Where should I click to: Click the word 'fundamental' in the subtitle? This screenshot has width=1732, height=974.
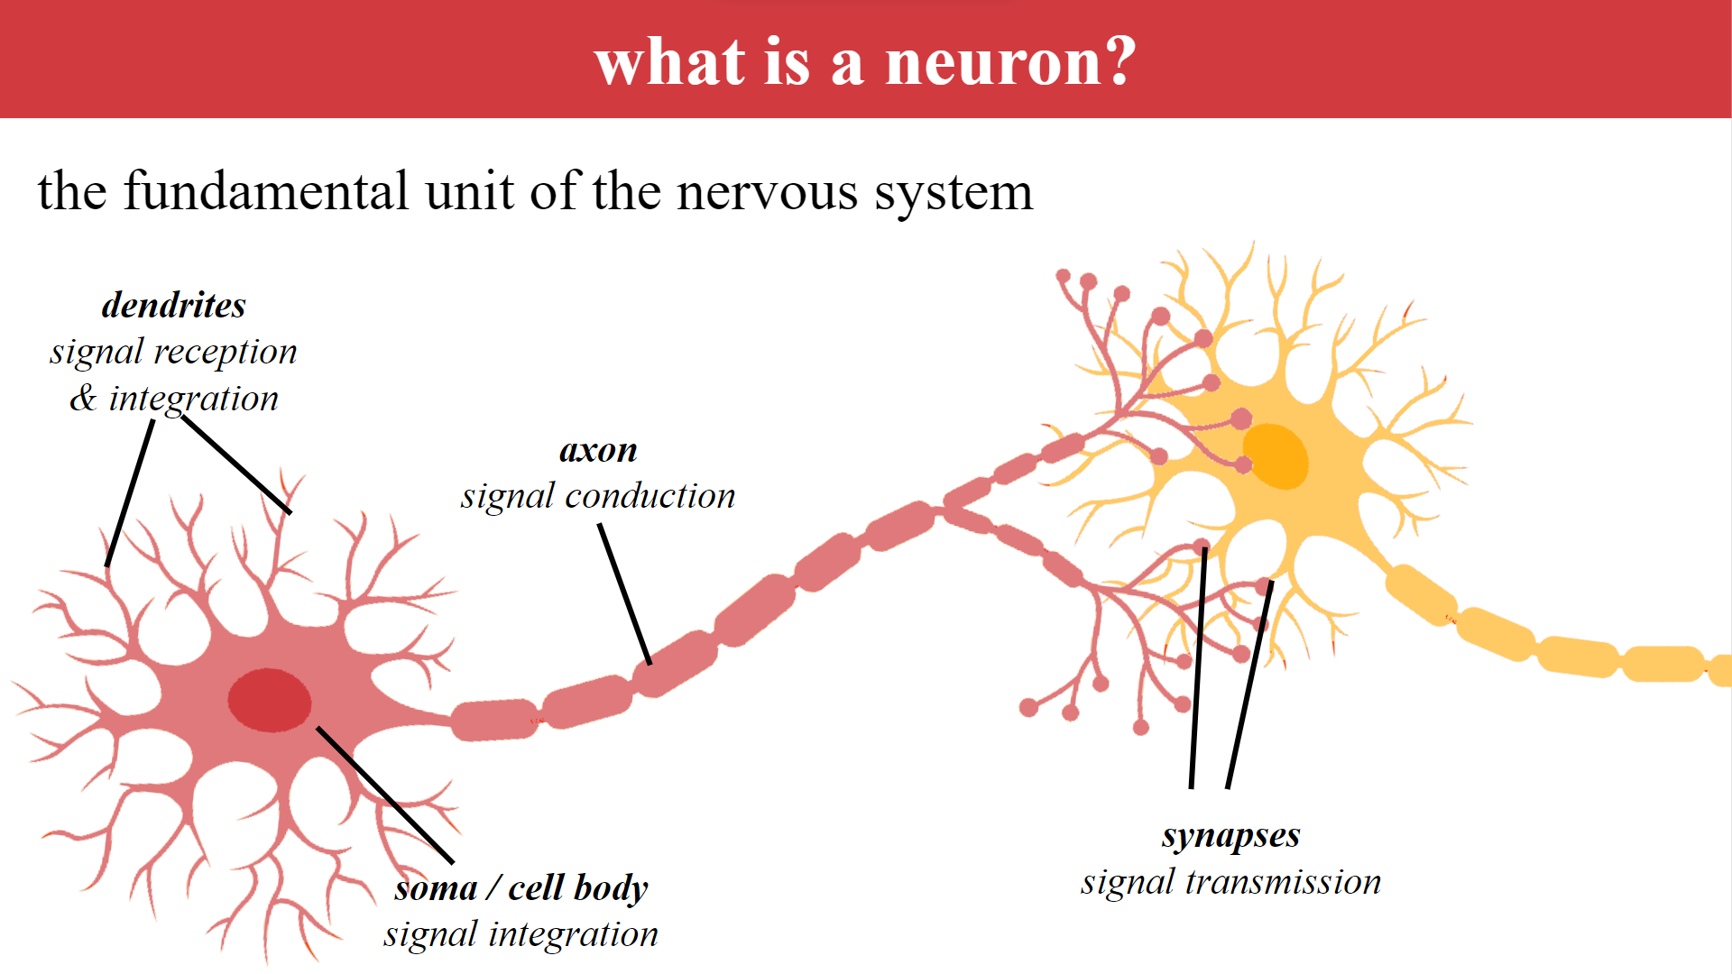coord(266,191)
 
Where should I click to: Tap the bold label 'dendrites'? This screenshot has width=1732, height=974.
coord(173,305)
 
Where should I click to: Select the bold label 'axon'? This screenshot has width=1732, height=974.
coord(598,449)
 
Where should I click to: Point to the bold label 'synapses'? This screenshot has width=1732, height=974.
coord(1230,835)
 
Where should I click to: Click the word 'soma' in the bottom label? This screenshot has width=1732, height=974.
coord(436,888)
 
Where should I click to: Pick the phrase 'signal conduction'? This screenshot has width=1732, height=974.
coord(598,496)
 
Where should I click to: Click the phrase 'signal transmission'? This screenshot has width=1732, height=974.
coord(1230,882)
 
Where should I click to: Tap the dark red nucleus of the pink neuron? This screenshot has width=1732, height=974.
coord(269,700)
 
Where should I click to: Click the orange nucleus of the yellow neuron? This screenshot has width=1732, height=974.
coord(1275,455)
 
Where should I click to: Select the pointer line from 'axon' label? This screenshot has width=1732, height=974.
coord(624,593)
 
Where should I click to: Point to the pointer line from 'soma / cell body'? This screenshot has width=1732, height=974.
coord(384,794)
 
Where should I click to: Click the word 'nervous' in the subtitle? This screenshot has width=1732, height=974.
coord(767,191)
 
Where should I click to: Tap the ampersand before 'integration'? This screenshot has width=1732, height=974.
coord(83,398)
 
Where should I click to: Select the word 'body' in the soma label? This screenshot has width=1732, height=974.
coord(611,888)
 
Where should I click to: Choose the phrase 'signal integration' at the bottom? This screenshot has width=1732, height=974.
coord(521,934)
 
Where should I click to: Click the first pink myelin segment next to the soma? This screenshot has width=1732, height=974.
coord(494,720)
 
